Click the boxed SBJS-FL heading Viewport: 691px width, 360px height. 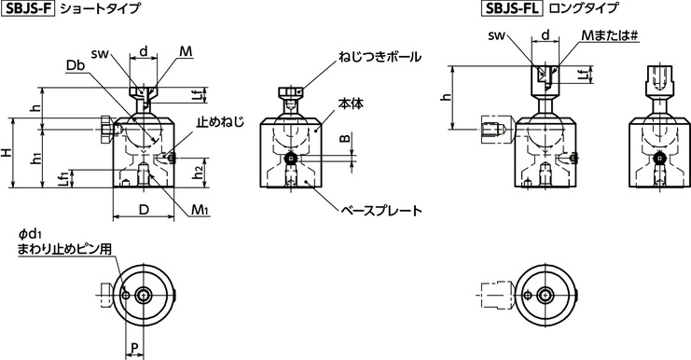[511, 10]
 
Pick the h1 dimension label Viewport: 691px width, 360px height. [36, 159]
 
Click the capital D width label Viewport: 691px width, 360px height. [144, 211]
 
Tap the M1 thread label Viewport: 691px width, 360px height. [200, 211]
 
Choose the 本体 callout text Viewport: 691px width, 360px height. [350, 104]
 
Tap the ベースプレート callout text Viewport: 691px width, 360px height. [381, 212]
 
